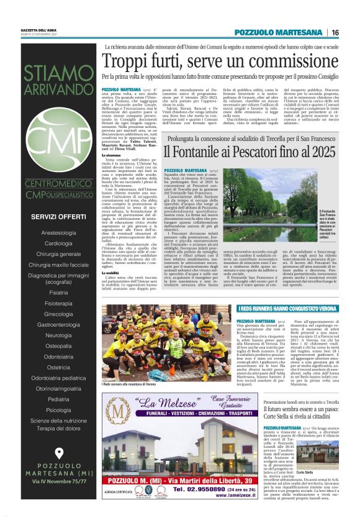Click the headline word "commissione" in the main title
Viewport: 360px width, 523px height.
click(x=295, y=62)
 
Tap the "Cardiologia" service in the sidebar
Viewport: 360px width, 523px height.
click(x=59, y=243)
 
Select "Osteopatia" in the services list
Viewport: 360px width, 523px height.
click(x=59, y=345)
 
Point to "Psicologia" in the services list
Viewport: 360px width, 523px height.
click(x=59, y=409)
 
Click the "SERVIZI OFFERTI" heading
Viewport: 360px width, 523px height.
click(x=59, y=216)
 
